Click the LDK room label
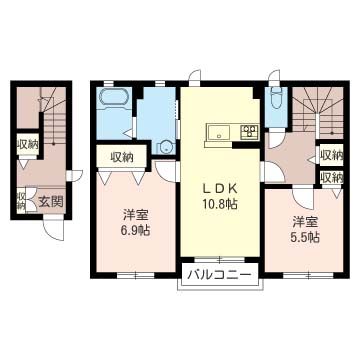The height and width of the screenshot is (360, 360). tap(220, 190)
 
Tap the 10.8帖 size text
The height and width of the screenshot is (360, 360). tap(220, 204)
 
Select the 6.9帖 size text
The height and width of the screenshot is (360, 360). tap(136, 230)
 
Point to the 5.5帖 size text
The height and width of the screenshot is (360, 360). tap(306, 237)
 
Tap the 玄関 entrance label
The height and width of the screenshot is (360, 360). tap(50, 201)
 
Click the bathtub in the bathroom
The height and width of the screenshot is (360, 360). tap(114, 98)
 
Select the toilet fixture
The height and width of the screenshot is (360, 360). tap(276, 97)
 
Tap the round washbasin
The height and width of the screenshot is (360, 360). tap(165, 147)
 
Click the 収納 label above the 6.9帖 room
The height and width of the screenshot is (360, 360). tap(122, 157)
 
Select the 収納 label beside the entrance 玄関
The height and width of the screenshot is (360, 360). tap(21, 201)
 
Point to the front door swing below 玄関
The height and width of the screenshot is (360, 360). tap(54, 230)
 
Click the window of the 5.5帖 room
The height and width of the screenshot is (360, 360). tap(308, 275)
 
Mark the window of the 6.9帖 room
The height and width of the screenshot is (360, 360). tap(136, 275)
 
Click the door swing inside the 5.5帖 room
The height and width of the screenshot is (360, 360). tap(303, 199)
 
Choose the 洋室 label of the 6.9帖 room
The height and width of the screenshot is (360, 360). tap(136, 216)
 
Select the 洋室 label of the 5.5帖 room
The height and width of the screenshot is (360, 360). tap(306, 223)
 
